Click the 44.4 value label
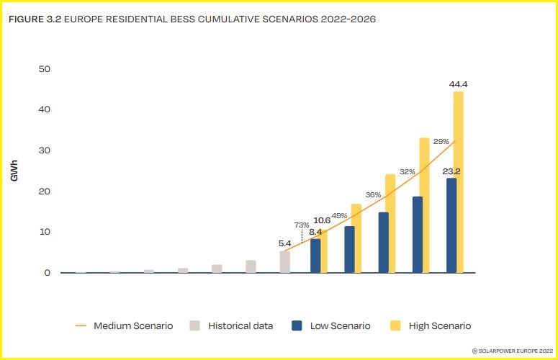point(458,84)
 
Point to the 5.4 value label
point(285,244)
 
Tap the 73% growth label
point(302,225)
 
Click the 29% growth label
point(441,142)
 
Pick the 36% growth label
point(373,194)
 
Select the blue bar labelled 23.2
point(451,225)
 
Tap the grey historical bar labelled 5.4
point(285,262)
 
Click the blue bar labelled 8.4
point(315,256)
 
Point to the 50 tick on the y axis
point(44,69)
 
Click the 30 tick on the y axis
point(44,150)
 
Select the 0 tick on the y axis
point(47,273)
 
